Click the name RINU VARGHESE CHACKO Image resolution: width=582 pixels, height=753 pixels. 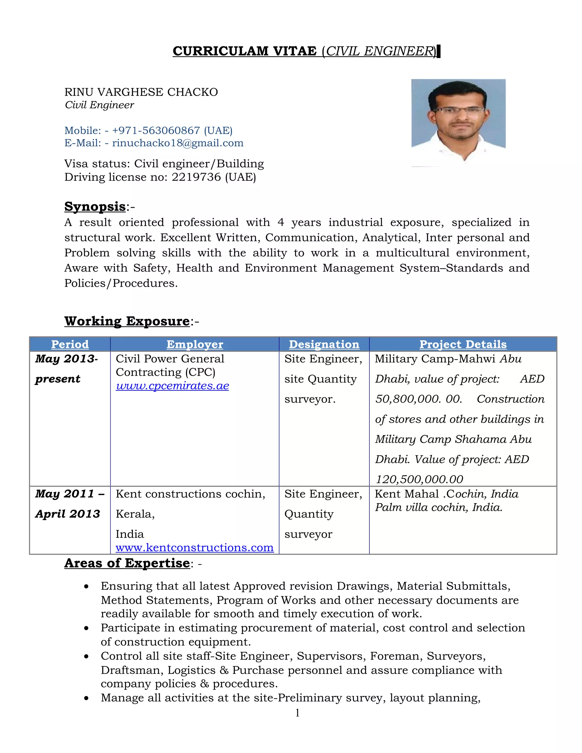point(141,92)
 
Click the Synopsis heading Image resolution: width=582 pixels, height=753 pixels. point(95,207)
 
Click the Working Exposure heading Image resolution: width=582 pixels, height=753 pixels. point(127,321)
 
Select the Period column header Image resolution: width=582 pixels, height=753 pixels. point(70,344)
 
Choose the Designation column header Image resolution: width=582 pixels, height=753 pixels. point(324,344)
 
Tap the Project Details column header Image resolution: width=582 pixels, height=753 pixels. point(463,344)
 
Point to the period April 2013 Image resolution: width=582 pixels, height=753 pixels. point(68,514)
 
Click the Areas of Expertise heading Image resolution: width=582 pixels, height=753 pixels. point(127,563)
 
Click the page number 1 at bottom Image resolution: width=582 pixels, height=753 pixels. point(297,713)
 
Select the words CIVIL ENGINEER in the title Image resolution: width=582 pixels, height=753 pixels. point(380,51)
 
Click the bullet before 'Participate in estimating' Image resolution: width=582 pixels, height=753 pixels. point(86,628)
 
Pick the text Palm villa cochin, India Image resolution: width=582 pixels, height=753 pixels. point(438,507)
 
